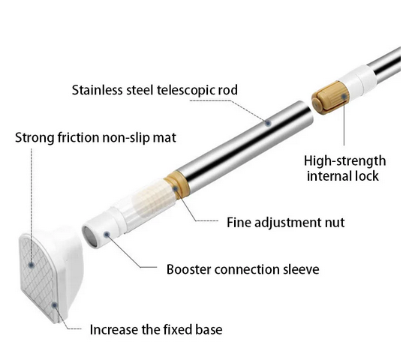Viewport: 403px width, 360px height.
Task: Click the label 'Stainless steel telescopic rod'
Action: click(155, 90)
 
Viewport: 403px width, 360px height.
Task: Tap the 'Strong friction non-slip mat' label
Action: click(95, 137)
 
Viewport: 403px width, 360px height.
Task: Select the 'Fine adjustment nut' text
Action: click(285, 222)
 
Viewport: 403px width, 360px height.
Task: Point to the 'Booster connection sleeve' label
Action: click(243, 269)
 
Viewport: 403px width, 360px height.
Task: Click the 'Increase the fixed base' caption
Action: click(156, 329)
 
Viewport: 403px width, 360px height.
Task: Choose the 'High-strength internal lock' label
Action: click(344, 169)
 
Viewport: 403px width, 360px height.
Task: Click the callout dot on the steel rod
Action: click(269, 123)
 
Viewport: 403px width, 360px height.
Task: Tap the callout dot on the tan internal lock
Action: click(344, 97)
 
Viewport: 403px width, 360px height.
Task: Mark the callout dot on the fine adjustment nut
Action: click(176, 189)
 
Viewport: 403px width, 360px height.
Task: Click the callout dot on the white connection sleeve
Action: click(107, 234)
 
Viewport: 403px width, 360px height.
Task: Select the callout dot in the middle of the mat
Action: click(32, 265)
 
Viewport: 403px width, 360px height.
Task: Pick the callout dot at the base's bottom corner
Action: click(54, 305)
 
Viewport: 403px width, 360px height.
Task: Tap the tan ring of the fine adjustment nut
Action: click(178, 185)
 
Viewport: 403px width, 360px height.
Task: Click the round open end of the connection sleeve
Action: click(89, 236)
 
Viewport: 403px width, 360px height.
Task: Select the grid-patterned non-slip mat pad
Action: click(38, 274)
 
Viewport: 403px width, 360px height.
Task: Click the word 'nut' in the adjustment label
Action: click(335, 223)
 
